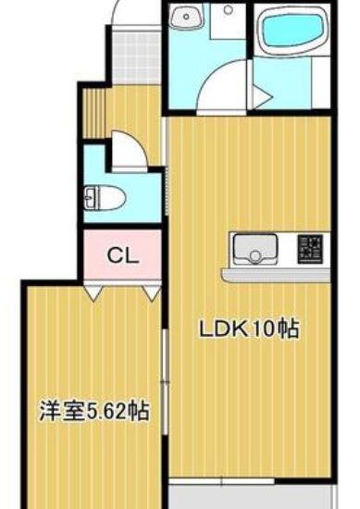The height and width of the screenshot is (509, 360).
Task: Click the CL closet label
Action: coord(123,255)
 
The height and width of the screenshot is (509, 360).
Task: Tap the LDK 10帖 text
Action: coord(249,329)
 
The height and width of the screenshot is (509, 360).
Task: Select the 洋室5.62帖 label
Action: coord(94,411)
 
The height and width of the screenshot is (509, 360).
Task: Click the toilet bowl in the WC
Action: coord(105,198)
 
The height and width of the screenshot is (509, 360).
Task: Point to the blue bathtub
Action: coord(292,31)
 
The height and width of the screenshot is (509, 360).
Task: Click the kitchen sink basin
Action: coord(255,248)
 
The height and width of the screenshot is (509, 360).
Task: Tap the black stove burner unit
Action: coord(311,249)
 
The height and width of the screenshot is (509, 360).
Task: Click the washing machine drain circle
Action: coord(229,10)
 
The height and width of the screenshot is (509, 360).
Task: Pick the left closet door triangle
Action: coord(93,293)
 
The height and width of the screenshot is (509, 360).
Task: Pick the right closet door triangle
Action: coord(151,293)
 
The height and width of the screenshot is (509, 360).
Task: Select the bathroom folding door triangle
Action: coord(262,96)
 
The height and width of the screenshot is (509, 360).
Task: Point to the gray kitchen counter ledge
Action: coord(276,275)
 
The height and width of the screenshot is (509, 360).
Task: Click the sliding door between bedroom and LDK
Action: coord(166,381)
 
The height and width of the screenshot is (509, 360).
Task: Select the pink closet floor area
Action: coord(123,255)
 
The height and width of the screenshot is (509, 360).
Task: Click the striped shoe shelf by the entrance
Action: coord(93,112)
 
